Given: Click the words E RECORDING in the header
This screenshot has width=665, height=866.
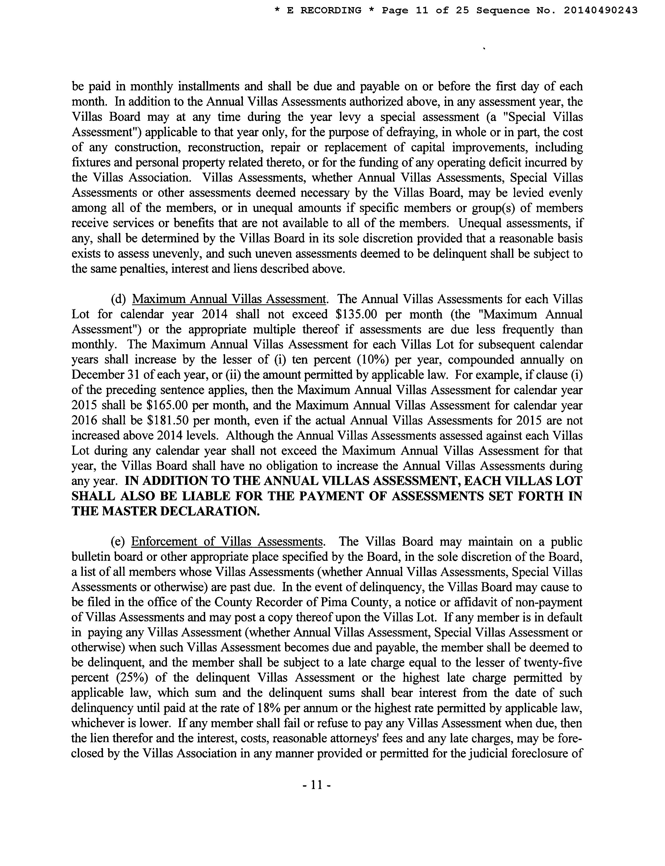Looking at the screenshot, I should pos(324,10).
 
